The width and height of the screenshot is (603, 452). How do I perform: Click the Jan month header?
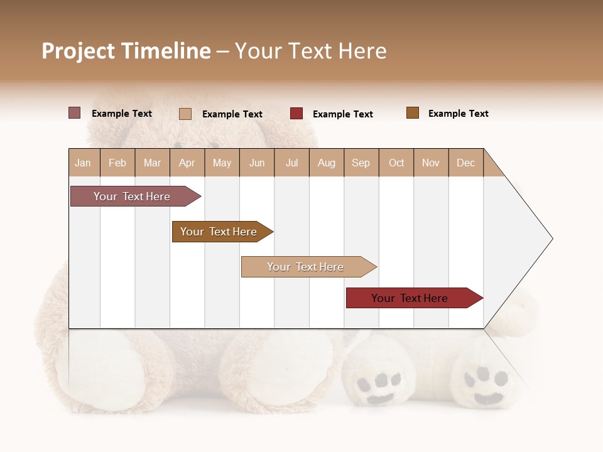[84, 163]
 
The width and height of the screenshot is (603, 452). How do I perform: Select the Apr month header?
[187, 163]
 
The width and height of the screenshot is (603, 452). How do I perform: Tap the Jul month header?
[292, 163]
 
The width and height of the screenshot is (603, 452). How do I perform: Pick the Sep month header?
[361, 163]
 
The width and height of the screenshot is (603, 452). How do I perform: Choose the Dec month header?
[465, 163]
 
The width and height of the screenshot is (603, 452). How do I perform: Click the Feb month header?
[117, 163]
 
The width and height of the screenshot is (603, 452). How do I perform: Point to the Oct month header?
[396, 163]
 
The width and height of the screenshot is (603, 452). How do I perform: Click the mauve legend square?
[74, 113]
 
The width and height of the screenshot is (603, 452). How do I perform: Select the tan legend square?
[185, 114]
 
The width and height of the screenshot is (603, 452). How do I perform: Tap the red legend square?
[296, 114]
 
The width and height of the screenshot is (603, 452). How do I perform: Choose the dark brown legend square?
[413, 113]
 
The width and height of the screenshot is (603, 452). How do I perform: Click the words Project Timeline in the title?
[126, 51]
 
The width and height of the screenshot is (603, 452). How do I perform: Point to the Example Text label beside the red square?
[342, 114]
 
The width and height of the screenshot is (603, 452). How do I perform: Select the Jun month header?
[257, 163]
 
